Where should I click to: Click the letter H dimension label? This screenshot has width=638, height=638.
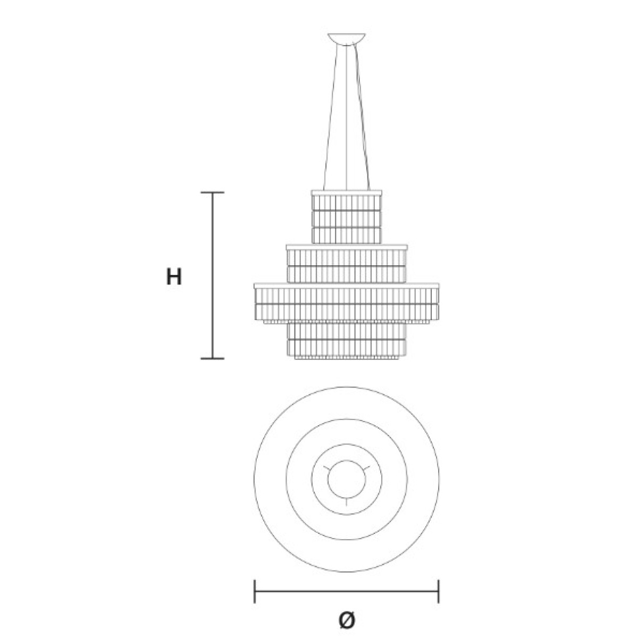pyautogui.click(x=174, y=277)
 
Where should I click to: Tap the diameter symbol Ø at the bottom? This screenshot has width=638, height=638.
pyautogui.click(x=347, y=619)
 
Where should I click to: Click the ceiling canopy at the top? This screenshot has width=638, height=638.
pyautogui.click(x=346, y=39)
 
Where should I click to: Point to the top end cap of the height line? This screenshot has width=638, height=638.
pyautogui.click(x=213, y=192)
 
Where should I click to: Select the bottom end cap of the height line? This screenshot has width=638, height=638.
pyautogui.click(x=213, y=358)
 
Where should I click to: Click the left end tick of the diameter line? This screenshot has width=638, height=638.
pyautogui.click(x=254, y=591)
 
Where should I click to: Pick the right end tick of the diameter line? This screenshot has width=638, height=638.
pyautogui.click(x=438, y=591)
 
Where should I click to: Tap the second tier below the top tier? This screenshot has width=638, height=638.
pyautogui.click(x=347, y=264)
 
